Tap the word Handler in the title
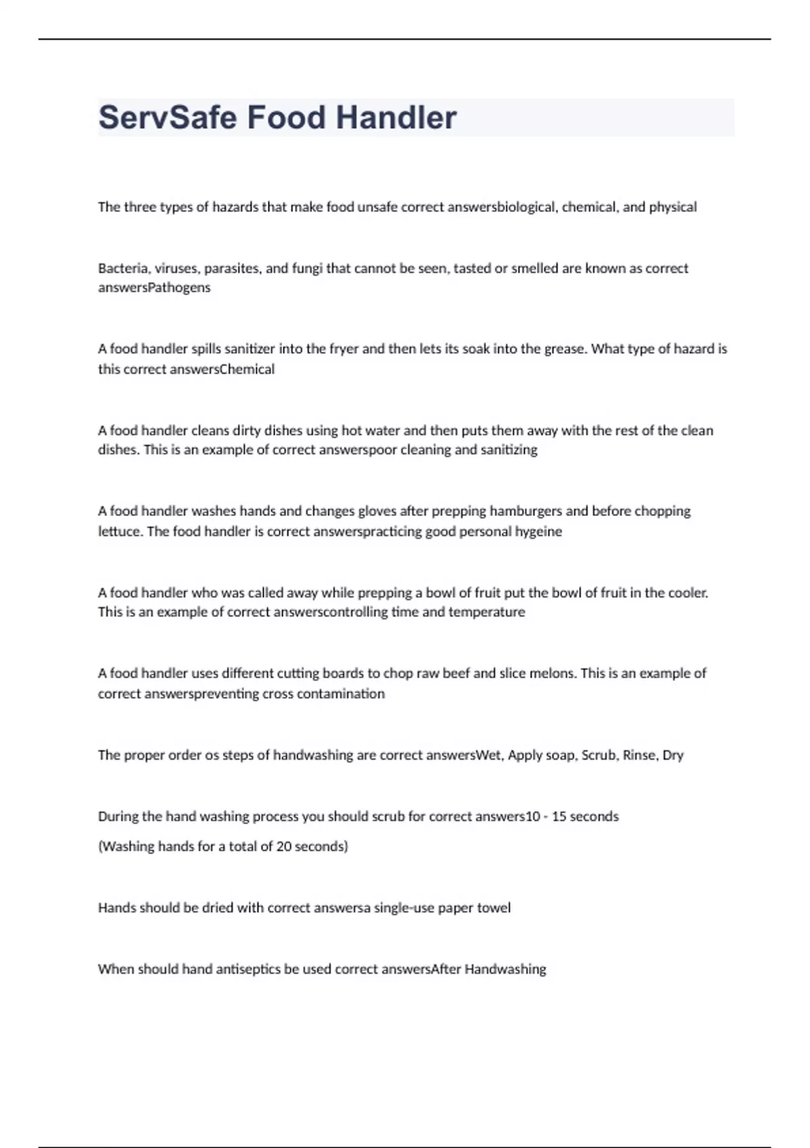(396, 118)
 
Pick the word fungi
(307, 268)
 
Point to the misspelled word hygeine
(538, 531)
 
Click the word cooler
(688, 593)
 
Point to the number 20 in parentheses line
(283, 846)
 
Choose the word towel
(493, 908)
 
